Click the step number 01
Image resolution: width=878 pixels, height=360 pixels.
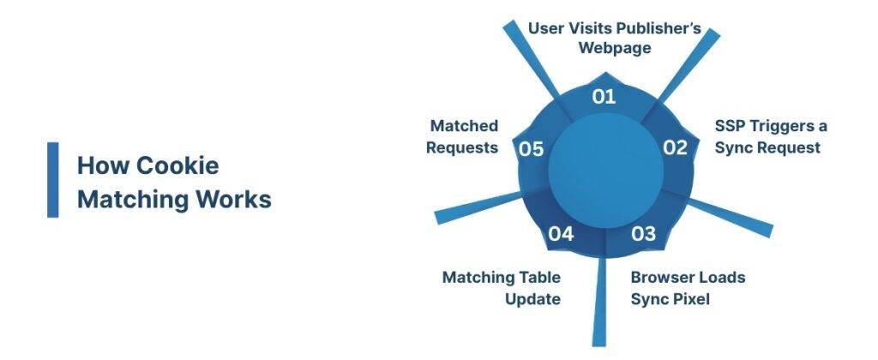(x=604, y=96)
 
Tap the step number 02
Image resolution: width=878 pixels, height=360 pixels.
(x=676, y=147)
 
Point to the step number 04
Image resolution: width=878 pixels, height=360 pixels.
(x=561, y=233)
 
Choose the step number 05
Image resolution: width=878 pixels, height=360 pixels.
(x=532, y=148)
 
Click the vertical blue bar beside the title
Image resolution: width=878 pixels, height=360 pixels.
(x=53, y=180)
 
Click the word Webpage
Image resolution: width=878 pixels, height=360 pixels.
(x=615, y=48)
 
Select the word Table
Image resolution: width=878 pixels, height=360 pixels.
(x=537, y=278)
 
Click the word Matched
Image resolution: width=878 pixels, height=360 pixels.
(x=464, y=126)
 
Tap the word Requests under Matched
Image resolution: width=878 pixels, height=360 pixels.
(x=464, y=147)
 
